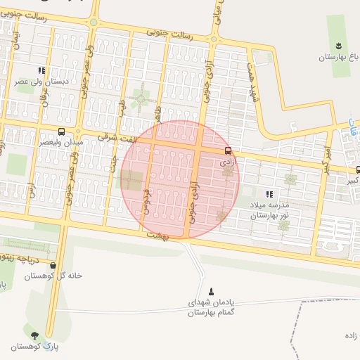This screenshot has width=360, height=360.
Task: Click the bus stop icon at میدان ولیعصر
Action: click(x=62, y=131)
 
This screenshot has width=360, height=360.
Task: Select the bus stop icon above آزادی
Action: click(x=228, y=150)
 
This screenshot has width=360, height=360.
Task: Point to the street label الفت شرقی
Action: click(x=118, y=137)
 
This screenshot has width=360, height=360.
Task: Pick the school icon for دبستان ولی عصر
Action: click(x=41, y=70)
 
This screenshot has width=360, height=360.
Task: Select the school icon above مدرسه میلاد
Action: click(x=269, y=194)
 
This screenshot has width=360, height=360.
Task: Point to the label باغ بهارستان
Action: click(x=337, y=56)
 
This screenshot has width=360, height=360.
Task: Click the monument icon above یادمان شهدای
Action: click(x=212, y=291)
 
